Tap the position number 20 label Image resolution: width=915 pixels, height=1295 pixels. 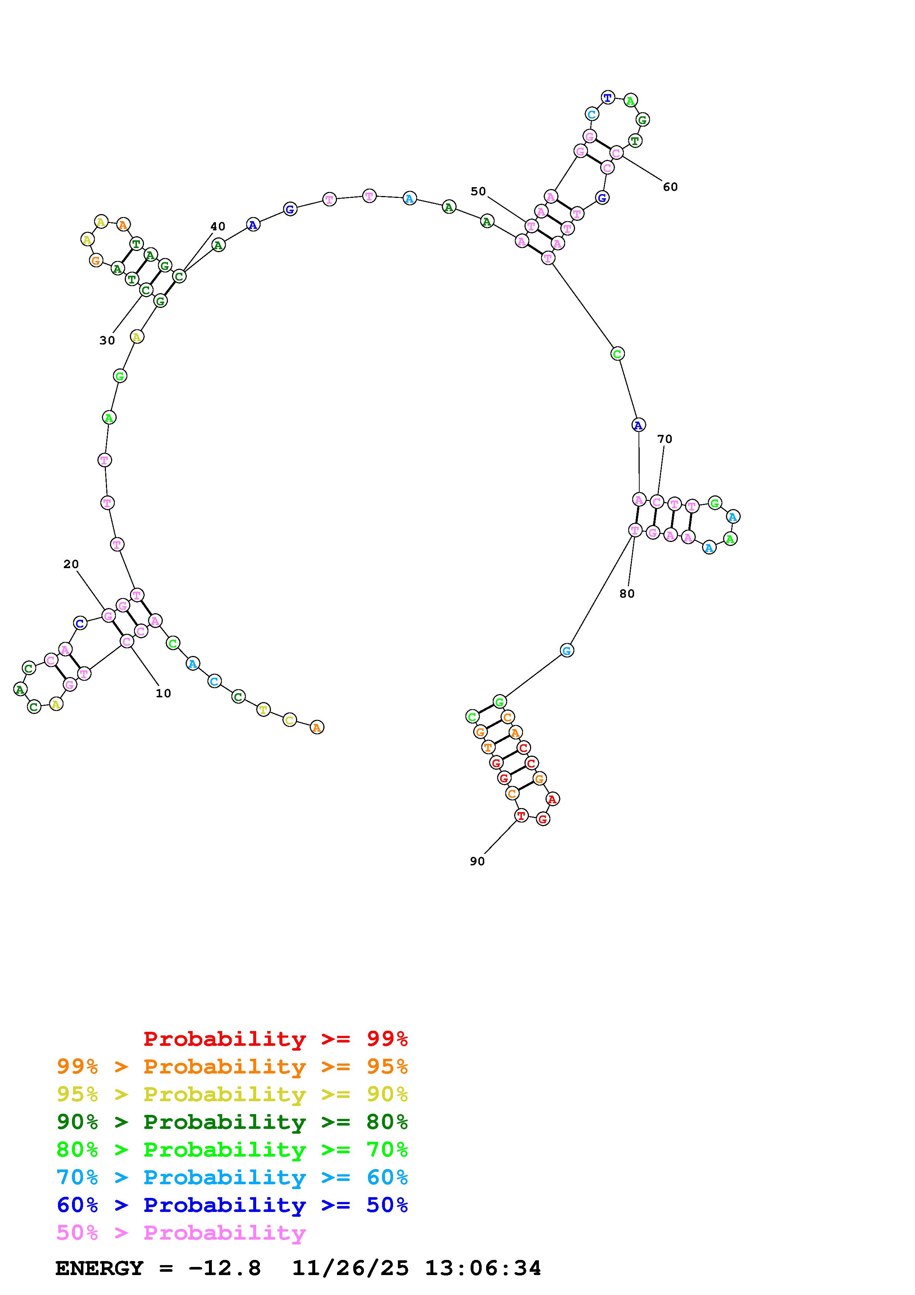pyautogui.click(x=71, y=564)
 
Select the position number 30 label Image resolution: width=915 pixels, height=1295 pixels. pyautogui.click(x=107, y=341)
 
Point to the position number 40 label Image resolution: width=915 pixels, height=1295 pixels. pyautogui.click(x=218, y=227)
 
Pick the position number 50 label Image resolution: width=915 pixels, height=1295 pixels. pyautogui.click(x=478, y=191)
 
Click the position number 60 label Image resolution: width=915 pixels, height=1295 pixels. pyautogui.click(x=670, y=187)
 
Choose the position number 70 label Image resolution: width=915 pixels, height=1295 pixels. pyautogui.click(x=665, y=439)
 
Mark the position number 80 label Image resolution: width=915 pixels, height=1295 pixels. pyautogui.click(x=627, y=593)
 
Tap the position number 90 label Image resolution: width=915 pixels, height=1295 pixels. pyautogui.click(x=478, y=861)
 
